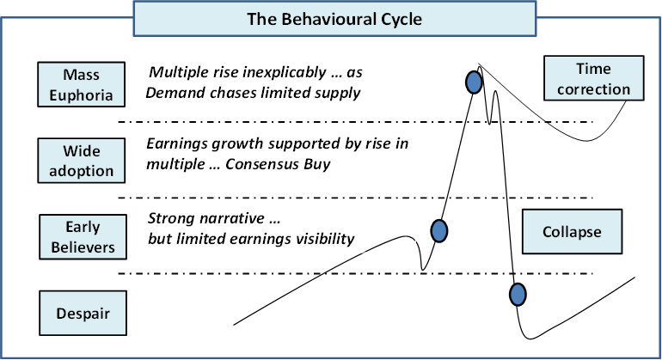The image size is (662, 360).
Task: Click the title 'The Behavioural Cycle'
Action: pos(334,19)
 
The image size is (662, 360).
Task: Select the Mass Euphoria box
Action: pos(81,84)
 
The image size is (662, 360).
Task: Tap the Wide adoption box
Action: pos(81,161)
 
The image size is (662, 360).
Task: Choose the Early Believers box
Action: pos(83,237)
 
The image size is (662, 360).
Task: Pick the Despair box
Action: pos(83,313)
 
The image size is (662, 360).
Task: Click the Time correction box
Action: pos(593,78)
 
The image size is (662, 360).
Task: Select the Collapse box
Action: pos(572,231)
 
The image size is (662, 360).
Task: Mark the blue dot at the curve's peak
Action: pos(474,82)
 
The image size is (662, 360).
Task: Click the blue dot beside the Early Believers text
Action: pos(439,231)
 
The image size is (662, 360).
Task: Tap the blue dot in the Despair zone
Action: pos(518,294)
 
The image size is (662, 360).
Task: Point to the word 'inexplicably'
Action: pos(285,72)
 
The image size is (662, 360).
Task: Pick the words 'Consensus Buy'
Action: pos(278,164)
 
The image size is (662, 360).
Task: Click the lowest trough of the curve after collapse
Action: pos(530,338)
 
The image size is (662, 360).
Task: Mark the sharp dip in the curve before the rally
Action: pos(423,269)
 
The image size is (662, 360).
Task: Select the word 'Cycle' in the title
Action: pos(401,20)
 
